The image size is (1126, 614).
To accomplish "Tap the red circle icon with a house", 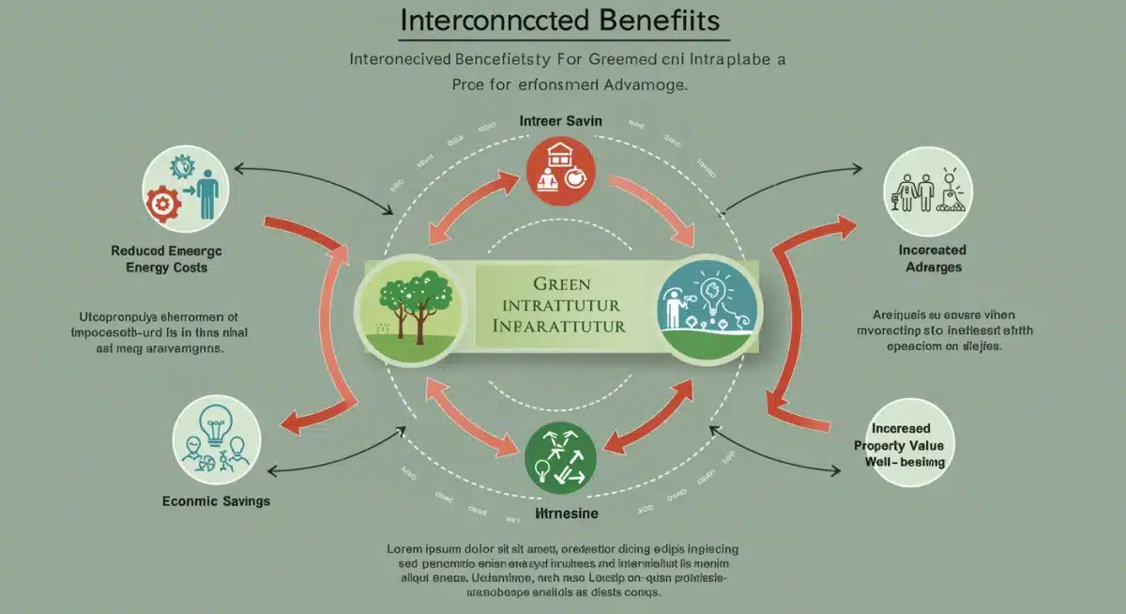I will tap(561, 170).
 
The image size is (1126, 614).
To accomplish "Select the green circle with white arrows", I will tap(560, 457).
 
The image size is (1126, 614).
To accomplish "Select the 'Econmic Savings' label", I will tap(216, 501).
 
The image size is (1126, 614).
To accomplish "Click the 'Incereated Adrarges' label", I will tap(932, 259).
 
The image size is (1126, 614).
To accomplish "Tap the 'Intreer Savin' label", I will tap(560, 122).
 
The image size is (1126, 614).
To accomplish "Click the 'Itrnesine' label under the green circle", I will tap(560, 514).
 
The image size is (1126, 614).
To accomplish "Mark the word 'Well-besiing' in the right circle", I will tap(905, 462).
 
